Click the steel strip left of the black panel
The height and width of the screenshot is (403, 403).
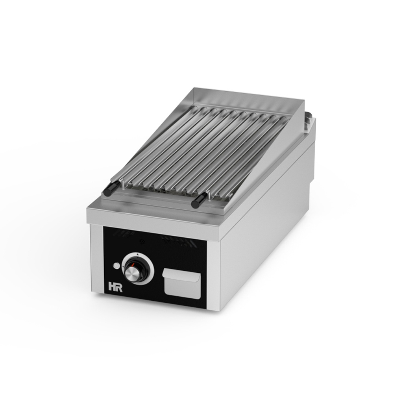tap(97, 260)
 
